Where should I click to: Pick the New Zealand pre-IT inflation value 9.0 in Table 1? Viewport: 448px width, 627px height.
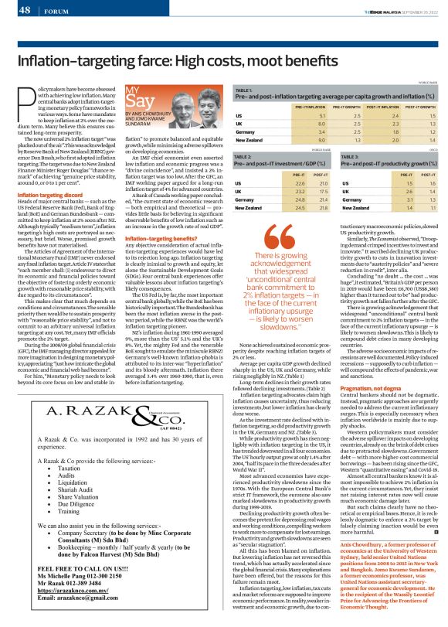click(300, 140)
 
